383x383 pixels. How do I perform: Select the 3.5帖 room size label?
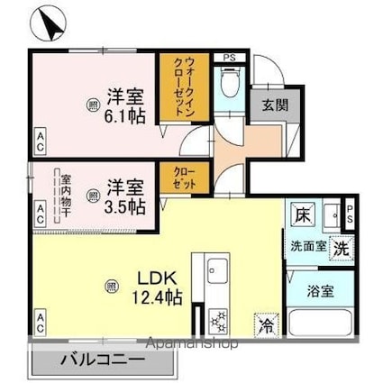tap(126, 197)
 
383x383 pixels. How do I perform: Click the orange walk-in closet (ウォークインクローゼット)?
tap(172, 88)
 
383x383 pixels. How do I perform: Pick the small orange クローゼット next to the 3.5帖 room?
tap(173, 178)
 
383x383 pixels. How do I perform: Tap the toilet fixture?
tap(231, 87)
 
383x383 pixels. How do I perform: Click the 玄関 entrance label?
tap(274, 105)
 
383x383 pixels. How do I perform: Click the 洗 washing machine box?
tap(342, 247)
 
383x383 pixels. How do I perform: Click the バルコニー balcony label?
tap(102, 360)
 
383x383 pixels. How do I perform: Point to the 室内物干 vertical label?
tap(65, 194)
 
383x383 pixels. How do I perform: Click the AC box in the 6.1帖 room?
tap(41, 138)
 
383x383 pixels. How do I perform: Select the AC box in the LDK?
tap(41, 319)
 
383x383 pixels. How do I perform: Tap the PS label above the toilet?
tap(229, 58)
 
